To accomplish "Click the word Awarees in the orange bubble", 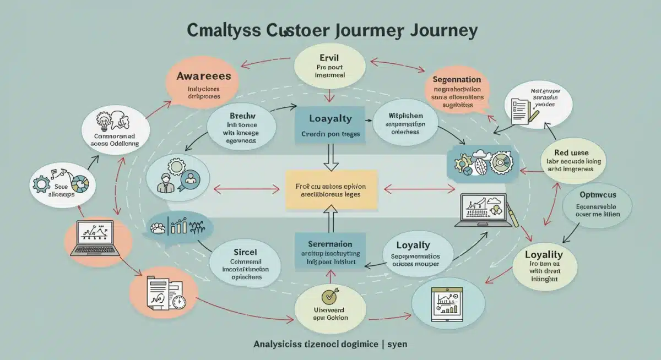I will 203,76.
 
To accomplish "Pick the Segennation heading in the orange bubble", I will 457,79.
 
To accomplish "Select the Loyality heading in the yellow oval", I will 543,254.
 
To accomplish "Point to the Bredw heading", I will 242,117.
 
